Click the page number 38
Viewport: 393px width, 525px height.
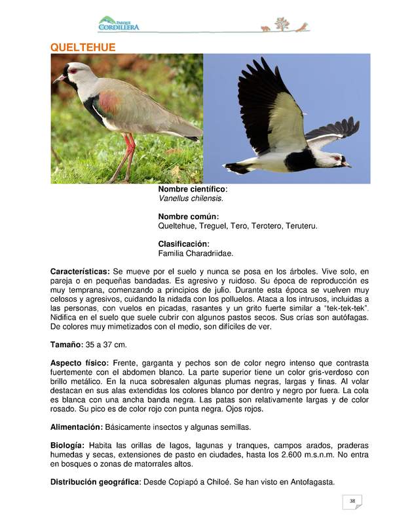coord(352,501)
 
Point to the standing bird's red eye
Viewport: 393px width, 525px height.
coord(72,70)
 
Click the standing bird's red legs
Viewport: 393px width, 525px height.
coord(126,157)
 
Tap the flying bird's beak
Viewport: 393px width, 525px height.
coord(347,165)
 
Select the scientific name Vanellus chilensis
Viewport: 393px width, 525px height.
coord(191,198)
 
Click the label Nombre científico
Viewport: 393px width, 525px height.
coord(193,189)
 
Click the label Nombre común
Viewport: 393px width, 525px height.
coord(189,217)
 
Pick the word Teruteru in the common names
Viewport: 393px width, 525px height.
coord(301,226)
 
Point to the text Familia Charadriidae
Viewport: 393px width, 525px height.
coord(195,253)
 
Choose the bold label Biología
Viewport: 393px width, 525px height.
coord(67,445)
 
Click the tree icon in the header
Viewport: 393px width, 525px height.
coord(282,24)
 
